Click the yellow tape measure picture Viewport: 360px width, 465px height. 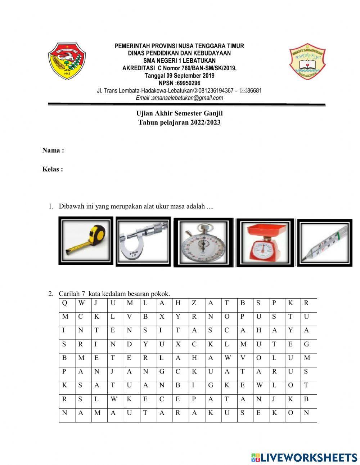[x=85, y=241]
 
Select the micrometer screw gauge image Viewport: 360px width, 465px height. [x=143, y=242]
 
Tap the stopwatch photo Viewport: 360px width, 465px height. [x=203, y=243]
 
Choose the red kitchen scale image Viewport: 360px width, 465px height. [x=265, y=243]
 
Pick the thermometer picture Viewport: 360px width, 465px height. [x=325, y=242]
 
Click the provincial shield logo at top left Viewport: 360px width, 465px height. [x=67, y=61]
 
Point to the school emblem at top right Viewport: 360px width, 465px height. [x=307, y=61]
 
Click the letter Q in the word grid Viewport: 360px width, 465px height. [x=64, y=303]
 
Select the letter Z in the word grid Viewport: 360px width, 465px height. [x=194, y=303]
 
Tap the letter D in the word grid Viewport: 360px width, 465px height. [x=129, y=344]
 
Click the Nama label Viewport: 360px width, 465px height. [x=53, y=151]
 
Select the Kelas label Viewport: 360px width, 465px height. [x=53, y=169]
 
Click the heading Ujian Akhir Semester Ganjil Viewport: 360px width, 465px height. [x=179, y=113]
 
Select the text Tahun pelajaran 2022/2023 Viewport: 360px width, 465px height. [x=179, y=122]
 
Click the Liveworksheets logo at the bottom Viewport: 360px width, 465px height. [x=304, y=457]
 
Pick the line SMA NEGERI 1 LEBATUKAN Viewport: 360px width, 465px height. [x=179, y=61]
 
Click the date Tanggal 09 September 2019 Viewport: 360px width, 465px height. [x=179, y=76]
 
